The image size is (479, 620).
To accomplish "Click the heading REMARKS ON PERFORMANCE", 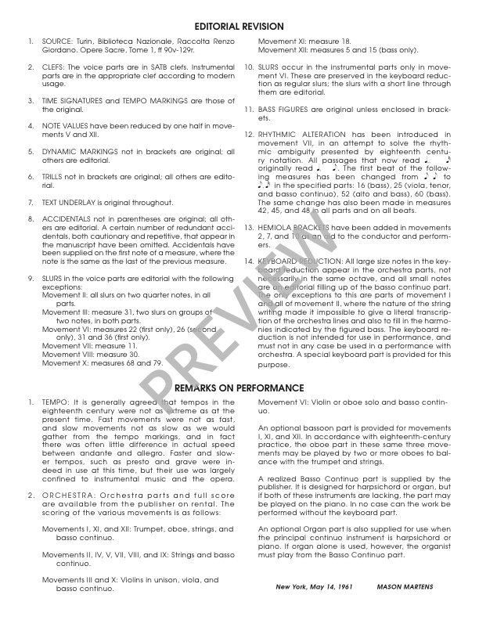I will click(x=239, y=387).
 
